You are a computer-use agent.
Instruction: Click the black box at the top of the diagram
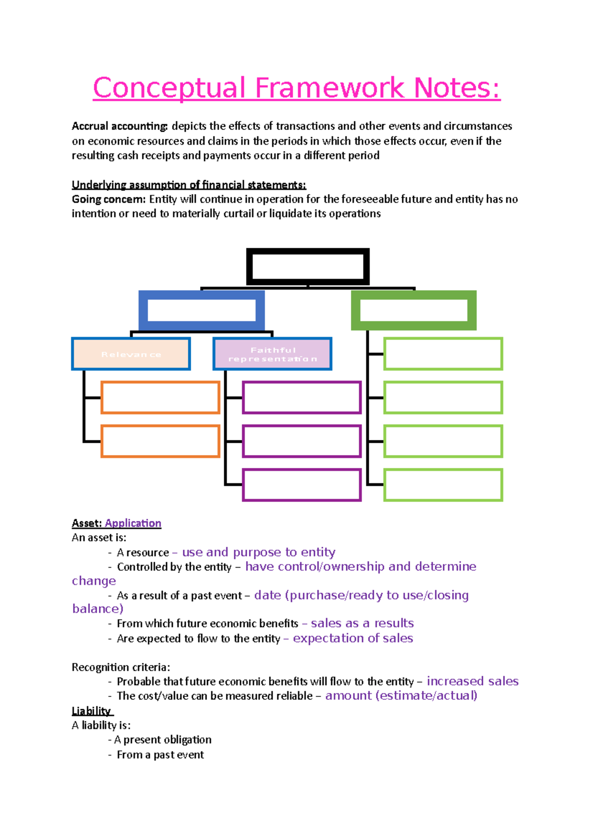308,267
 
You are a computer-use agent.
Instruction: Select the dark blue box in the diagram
202,310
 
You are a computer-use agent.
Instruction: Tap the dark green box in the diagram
414,310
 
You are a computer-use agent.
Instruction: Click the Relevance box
131,354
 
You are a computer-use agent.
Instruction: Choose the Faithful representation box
272,354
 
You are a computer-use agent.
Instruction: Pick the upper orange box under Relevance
161,397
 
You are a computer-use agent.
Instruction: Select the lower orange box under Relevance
161,441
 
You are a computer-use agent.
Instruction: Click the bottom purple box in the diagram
302,485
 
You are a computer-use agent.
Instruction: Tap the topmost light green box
443,354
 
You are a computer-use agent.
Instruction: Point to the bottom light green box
443,485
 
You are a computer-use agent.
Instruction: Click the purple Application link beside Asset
133,523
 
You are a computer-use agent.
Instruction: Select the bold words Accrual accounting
120,126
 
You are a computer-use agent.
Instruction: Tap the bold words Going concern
109,199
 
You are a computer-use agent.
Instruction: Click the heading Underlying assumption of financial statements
189,185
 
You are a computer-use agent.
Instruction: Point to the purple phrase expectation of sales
353,638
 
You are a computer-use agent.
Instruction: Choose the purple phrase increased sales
472,681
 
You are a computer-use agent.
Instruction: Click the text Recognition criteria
121,667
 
